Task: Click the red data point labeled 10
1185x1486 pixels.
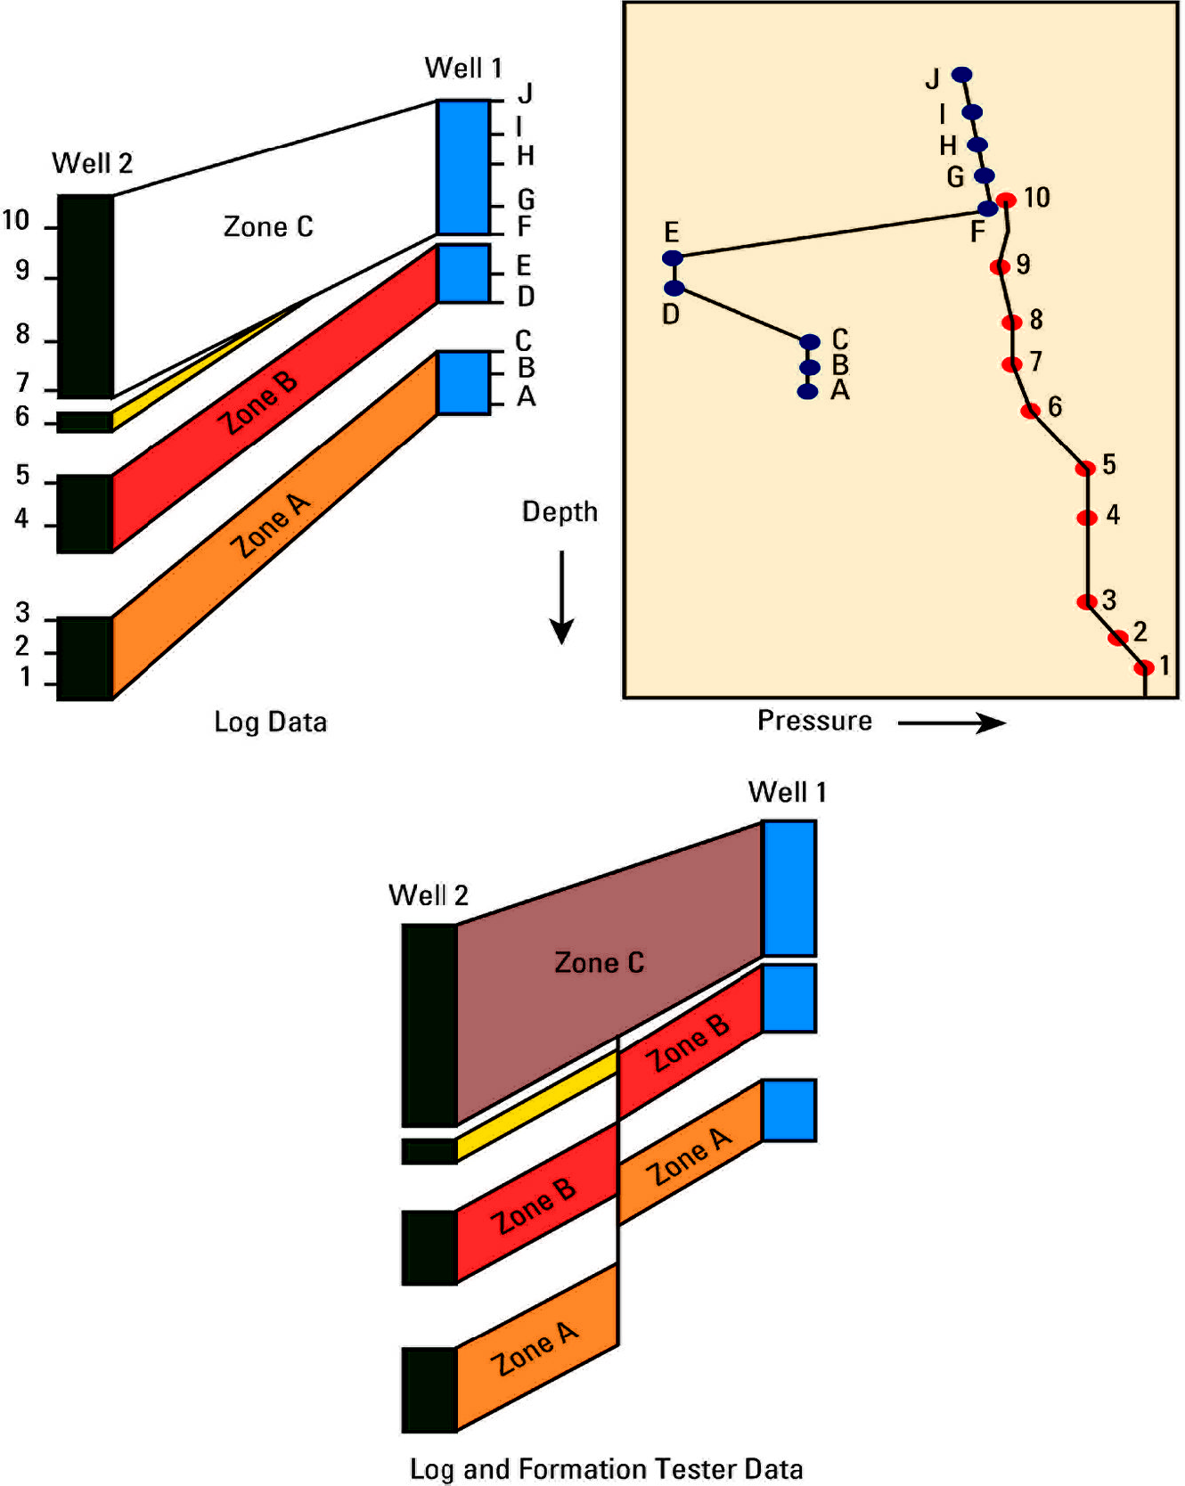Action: coord(1006,200)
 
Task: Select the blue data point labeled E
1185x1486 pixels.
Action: coord(673,258)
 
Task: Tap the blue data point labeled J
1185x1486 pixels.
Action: coord(961,75)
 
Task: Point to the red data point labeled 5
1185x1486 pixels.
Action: coord(1085,469)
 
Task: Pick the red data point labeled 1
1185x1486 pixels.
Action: coord(1144,667)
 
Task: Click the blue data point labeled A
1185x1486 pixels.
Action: coord(807,391)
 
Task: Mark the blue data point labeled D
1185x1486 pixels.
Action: coord(674,288)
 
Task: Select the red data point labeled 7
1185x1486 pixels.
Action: coord(1011,364)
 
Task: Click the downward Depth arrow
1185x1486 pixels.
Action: coord(561,597)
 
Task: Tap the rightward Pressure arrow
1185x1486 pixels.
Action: coord(952,723)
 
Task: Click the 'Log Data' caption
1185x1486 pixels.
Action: coord(270,722)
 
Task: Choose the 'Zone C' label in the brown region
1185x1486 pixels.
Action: coord(599,963)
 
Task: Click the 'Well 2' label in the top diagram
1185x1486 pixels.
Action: coord(92,163)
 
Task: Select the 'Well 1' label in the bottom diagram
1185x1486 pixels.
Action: coord(788,792)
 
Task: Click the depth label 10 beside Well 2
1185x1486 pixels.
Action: coord(16,220)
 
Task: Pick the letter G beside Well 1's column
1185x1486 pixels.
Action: coord(526,199)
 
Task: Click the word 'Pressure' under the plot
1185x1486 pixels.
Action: coord(814,721)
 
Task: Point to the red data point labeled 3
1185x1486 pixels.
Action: coord(1087,602)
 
